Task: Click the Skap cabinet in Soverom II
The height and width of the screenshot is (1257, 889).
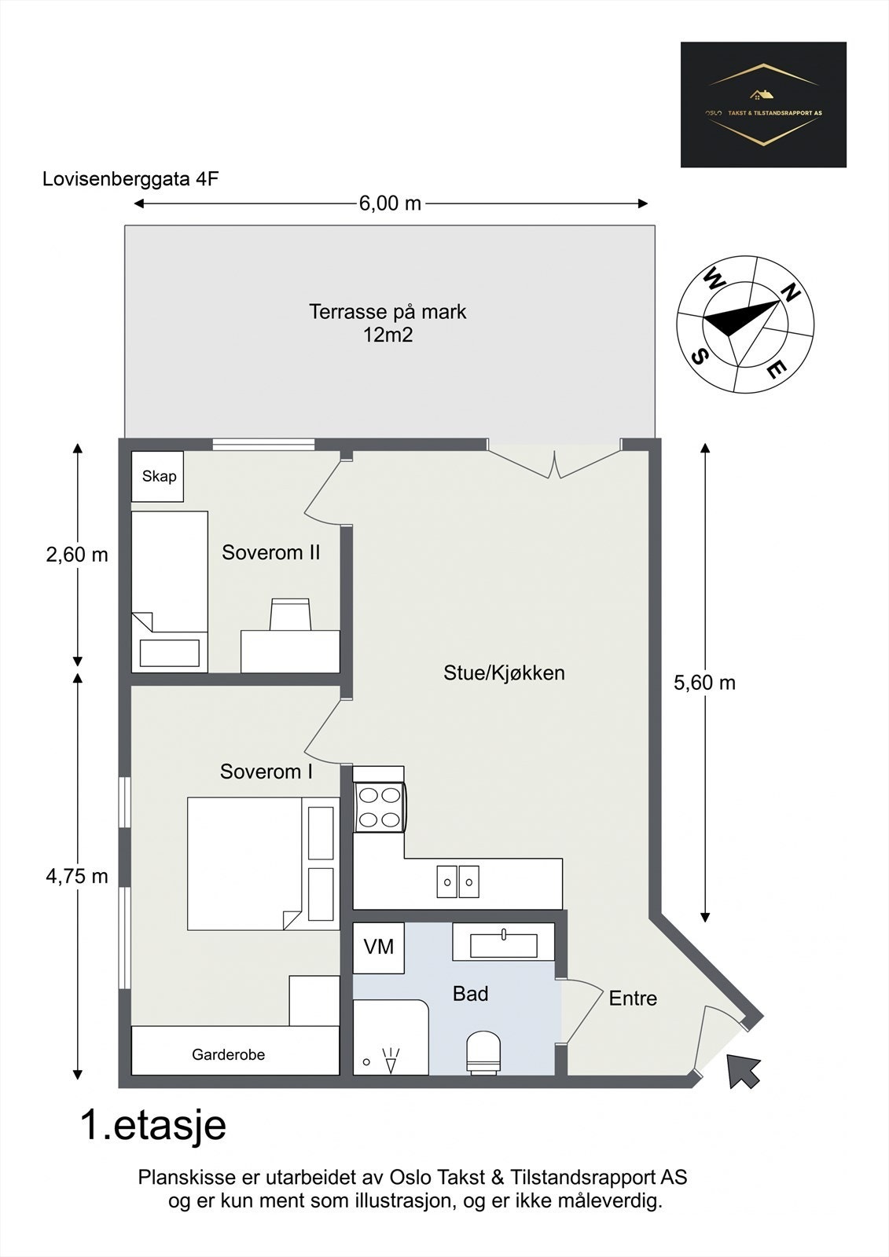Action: pos(157,476)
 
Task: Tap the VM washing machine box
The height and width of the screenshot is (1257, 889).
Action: pos(379,947)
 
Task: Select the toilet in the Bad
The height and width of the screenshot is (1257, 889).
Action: pos(483,1052)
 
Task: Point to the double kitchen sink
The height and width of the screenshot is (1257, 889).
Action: pos(457,881)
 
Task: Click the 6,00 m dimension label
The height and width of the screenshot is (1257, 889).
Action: pos(391,203)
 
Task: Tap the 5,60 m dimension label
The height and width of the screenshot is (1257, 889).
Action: pos(705,683)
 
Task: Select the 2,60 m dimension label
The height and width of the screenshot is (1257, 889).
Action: pos(77,555)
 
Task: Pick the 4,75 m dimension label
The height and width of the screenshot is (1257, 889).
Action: pos(77,876)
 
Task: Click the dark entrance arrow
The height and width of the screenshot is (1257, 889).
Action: pos(743,1071)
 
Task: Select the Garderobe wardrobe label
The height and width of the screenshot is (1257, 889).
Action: pos(228,1055)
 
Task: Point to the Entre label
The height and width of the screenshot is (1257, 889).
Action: pos(633,999)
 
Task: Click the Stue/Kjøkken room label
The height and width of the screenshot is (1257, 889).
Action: pos(505,672)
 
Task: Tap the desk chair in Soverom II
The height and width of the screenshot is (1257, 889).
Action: pos(290,614)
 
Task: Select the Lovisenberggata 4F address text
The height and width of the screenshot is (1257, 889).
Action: pos(130,179)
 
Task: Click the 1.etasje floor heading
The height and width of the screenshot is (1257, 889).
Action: pos(153,1125)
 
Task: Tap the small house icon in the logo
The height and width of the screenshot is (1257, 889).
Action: pos(762,95)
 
